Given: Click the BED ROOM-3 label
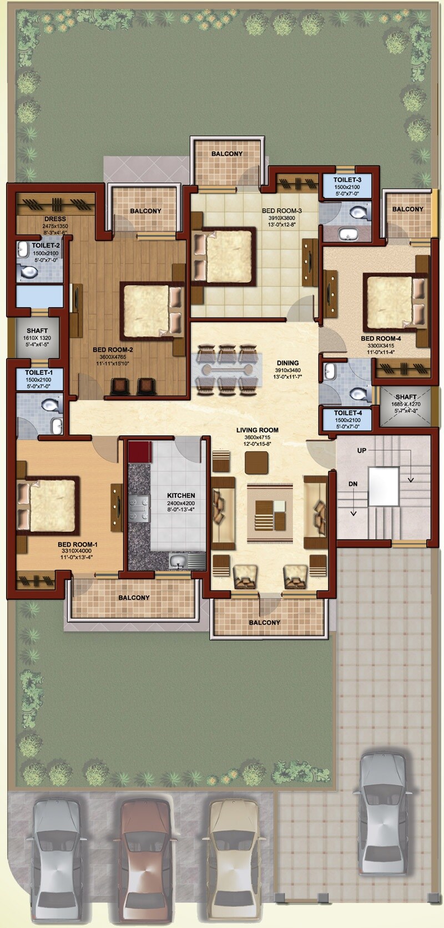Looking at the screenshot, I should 281,211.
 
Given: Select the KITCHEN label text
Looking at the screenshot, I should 181,496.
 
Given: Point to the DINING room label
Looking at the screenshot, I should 287,363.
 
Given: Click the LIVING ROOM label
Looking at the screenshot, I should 257,430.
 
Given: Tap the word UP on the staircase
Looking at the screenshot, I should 362,451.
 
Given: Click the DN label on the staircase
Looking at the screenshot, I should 353,484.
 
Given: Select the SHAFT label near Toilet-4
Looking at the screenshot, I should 406,397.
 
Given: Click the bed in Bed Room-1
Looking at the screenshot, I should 47,505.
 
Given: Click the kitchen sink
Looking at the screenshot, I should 178,562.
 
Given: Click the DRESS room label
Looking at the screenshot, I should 55,219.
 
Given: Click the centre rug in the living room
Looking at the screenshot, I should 270,513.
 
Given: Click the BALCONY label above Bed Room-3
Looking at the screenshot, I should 226,154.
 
